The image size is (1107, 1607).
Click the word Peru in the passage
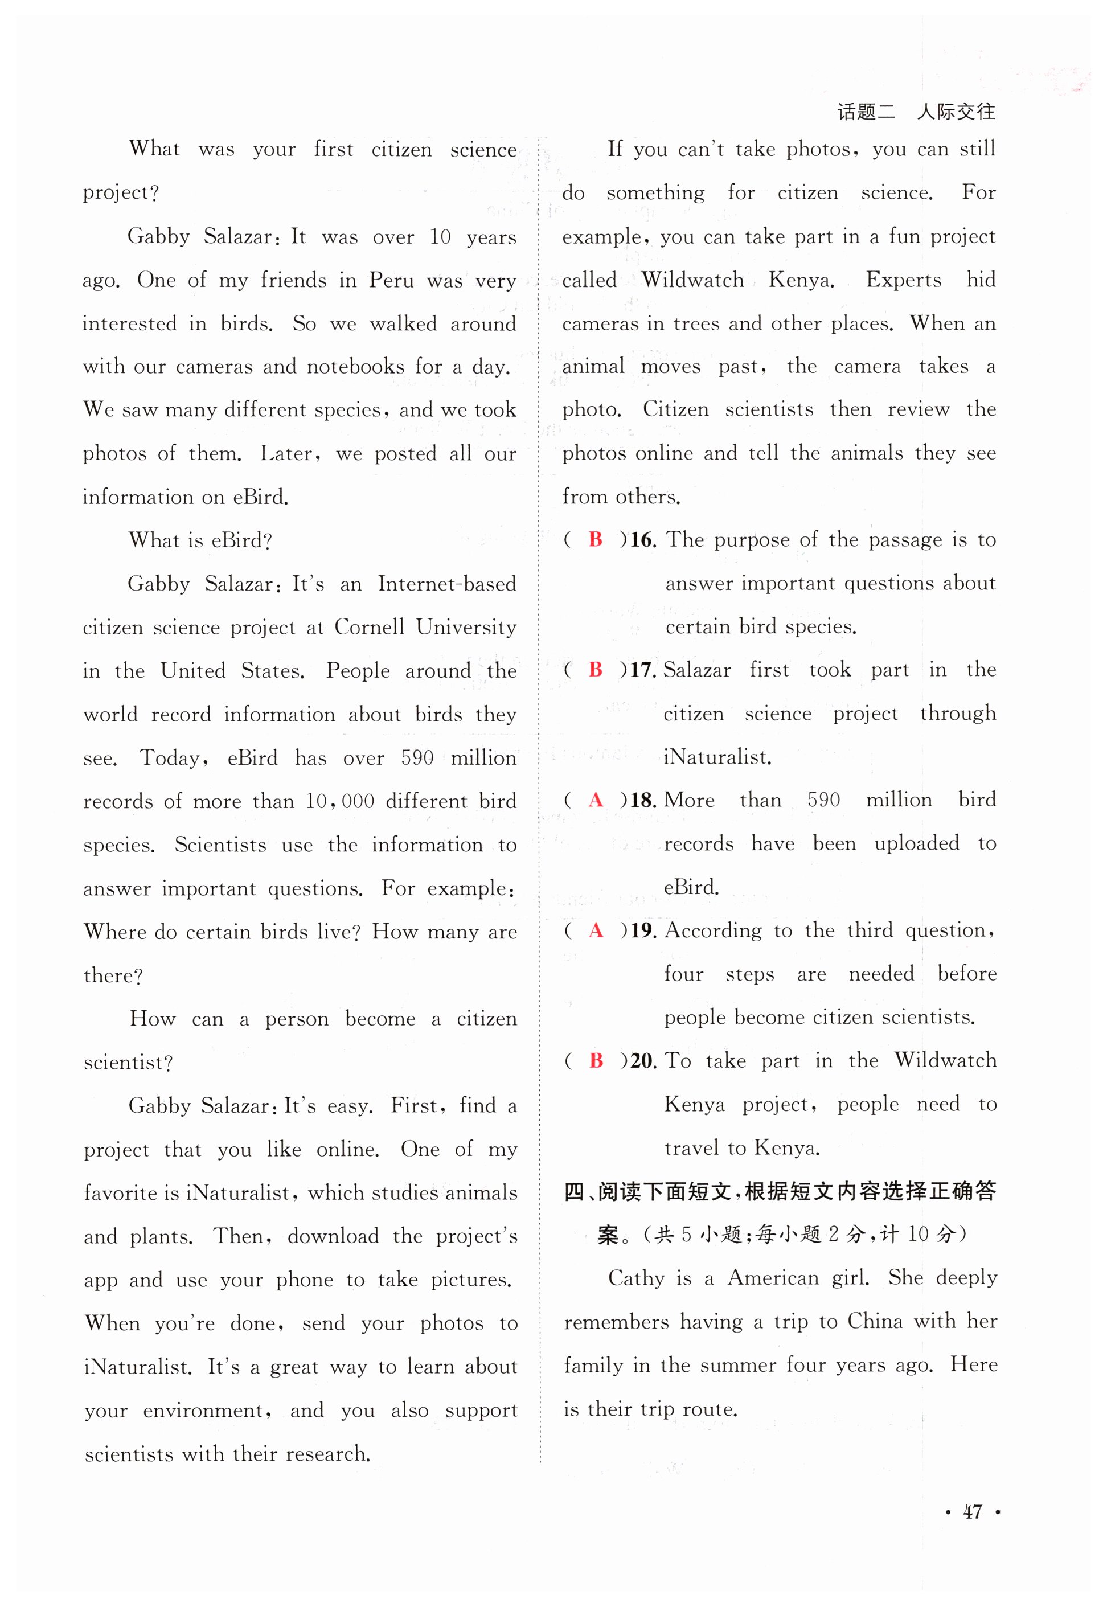[392, 280]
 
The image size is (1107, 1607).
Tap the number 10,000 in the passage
[340, 801]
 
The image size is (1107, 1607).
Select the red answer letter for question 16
[595, 540]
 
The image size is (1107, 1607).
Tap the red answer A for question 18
[595, 801]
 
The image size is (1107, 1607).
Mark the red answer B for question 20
[596, 1060]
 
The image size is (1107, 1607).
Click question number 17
[642, 670]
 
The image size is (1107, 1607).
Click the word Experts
[903, 280]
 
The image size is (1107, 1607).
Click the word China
[875, 1321]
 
